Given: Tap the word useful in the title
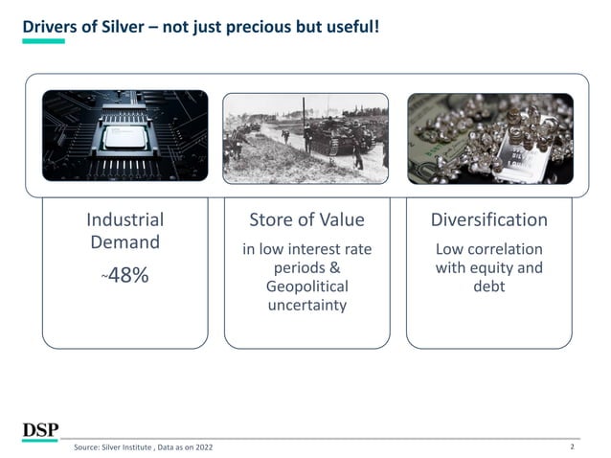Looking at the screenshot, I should point(346,27).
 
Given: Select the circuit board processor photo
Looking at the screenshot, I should point(124,137).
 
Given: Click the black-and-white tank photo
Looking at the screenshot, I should point(305,137).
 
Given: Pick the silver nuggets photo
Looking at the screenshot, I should point(489,137).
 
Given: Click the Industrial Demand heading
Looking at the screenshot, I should point(124,231).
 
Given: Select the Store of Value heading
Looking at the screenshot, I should point(306,219).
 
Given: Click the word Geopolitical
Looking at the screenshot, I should point(306,286).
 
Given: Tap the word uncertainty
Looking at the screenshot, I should point(306,306).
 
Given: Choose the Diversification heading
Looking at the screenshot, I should point(488,219).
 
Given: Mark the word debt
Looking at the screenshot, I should point(488,286).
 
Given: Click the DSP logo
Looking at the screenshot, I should point(41,430).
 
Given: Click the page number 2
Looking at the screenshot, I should point(571,447).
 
